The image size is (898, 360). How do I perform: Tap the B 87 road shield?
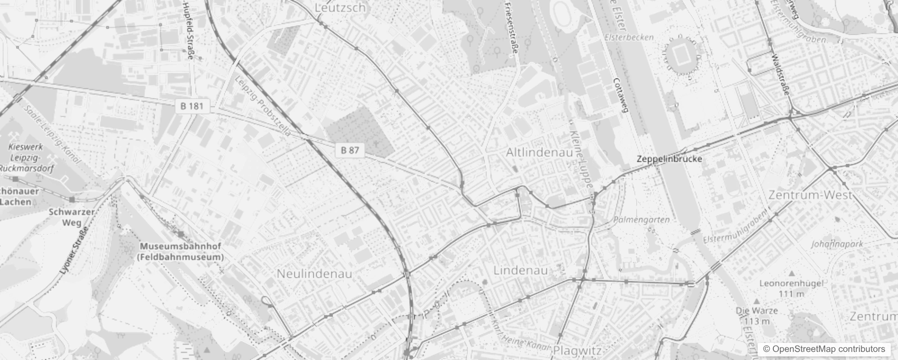(350, 150)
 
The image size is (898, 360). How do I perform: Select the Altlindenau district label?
(539, 153)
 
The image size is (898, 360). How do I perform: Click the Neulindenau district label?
(314, 274)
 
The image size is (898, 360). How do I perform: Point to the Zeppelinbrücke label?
(669, 159)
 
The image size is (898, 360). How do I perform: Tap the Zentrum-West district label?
(810, 195)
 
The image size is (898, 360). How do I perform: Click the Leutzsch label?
(340, 8)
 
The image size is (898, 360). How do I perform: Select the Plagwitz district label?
(577, 350)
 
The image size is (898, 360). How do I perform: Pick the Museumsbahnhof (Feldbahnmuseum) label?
(181, 252)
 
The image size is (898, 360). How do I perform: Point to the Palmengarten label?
(641, 220)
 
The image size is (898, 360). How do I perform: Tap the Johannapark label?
(837, 244)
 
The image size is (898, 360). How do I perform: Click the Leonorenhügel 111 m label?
(791, 288)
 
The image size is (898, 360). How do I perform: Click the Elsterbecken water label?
(629, 37)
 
